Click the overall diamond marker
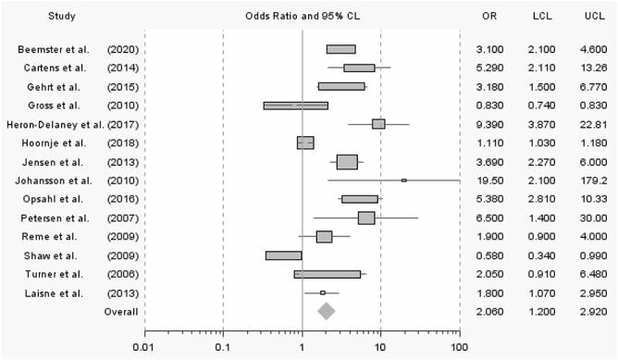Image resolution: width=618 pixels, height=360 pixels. coord(326,311)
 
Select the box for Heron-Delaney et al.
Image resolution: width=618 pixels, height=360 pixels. coord(378,123)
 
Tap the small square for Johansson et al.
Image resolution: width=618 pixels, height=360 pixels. coord(403,180)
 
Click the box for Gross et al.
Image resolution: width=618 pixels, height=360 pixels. coord(295,105)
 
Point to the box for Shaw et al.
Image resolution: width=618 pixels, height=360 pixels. coord(283,254)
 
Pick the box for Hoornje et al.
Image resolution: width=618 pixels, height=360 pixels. coord(305,143)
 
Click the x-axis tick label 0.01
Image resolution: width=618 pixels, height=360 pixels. coord(142,346)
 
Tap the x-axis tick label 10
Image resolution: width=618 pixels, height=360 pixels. coord(380,346)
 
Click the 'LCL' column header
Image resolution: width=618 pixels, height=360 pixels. coord(543,17)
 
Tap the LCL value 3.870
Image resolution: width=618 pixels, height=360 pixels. coord(543,124)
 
